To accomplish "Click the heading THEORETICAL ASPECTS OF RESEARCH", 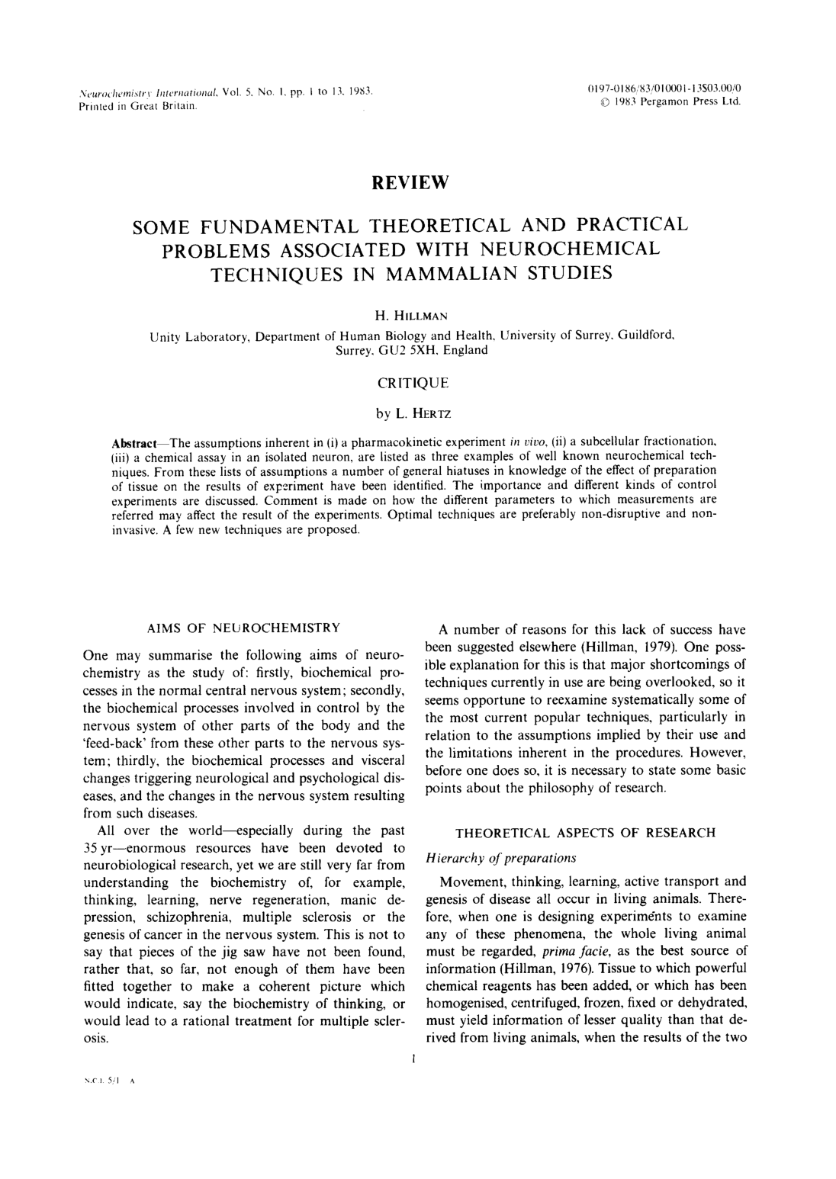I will click(x=585, y=833).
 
